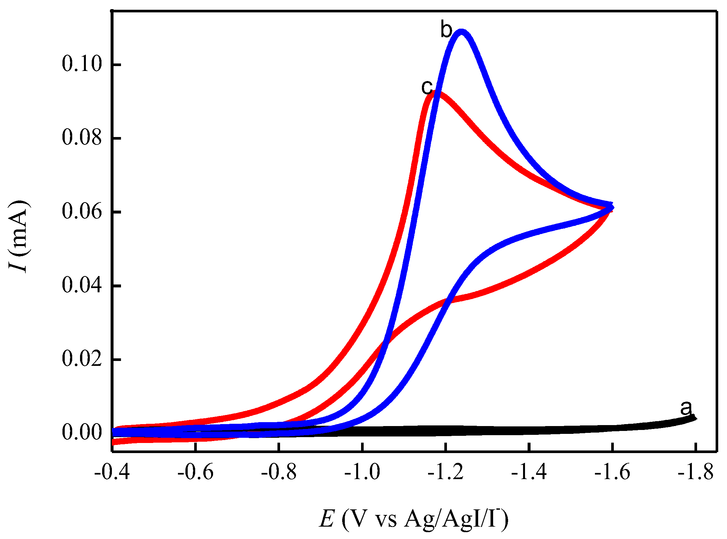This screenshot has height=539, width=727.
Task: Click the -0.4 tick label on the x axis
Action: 112,473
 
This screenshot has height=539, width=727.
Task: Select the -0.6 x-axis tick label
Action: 195,473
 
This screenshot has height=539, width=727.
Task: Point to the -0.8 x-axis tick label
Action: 279,473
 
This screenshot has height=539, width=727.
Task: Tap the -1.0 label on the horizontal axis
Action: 362,473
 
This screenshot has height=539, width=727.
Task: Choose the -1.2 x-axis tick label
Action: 446,473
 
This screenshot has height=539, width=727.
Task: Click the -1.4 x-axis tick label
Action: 529,473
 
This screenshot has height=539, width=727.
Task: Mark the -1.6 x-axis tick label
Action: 612,473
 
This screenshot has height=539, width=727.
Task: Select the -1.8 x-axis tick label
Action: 696,473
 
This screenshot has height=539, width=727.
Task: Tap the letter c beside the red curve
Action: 427,87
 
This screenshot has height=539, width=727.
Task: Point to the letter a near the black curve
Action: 686,408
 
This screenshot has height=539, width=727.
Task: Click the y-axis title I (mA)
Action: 19,237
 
